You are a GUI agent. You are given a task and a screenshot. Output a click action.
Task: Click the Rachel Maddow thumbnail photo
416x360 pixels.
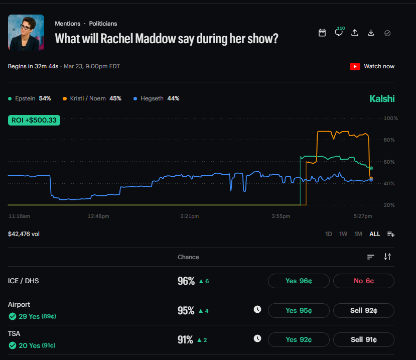[x=26, y=32]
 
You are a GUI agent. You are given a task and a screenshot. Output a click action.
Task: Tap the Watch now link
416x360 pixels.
[x=372, y=66]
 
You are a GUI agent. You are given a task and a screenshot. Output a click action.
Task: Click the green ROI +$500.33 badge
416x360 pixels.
[x=34, y=120]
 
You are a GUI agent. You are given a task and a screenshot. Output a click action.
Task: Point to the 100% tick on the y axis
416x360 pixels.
[x=390, y=118]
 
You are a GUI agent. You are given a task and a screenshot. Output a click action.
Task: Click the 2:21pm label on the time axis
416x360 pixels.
[x=189, y=216]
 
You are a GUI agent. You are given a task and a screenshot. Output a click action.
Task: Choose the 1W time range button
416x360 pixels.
[x=343, y=234]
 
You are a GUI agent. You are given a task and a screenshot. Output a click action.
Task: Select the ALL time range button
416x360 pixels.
[x=374, y=234]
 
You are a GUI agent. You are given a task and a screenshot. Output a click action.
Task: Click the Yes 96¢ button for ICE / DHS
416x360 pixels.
[x=299, y=281]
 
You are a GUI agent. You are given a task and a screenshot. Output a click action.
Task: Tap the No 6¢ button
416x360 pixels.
[x=364, y=281]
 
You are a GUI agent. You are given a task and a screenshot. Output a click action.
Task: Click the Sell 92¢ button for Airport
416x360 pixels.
[x=364, y=310]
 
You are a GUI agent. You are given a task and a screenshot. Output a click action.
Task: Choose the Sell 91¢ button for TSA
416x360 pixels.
[x=364, y=339]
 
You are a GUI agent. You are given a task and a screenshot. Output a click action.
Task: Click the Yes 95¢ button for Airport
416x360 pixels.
[x=299, y=310]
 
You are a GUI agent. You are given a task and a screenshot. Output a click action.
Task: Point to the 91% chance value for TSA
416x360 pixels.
[x=186, y=340]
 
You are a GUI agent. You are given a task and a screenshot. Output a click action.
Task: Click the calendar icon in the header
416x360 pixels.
[x=322, y=33]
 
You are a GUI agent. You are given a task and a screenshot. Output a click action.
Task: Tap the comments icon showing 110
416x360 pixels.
[x=339, y=33]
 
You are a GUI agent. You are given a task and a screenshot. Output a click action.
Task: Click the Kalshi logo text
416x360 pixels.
[x=382, y=99]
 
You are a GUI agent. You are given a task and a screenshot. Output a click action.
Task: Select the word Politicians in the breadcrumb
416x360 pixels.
[x=103, y=24]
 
